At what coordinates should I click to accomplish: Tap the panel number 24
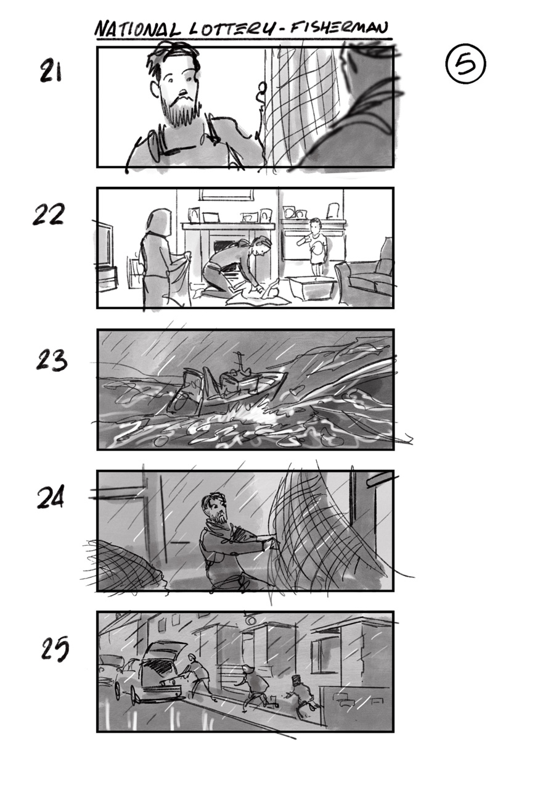(x=51, y=498)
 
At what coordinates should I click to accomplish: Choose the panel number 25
(x=55, y=649)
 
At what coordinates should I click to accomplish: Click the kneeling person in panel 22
(x=240, y=265)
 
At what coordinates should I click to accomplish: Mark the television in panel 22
(x=105, y=250)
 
